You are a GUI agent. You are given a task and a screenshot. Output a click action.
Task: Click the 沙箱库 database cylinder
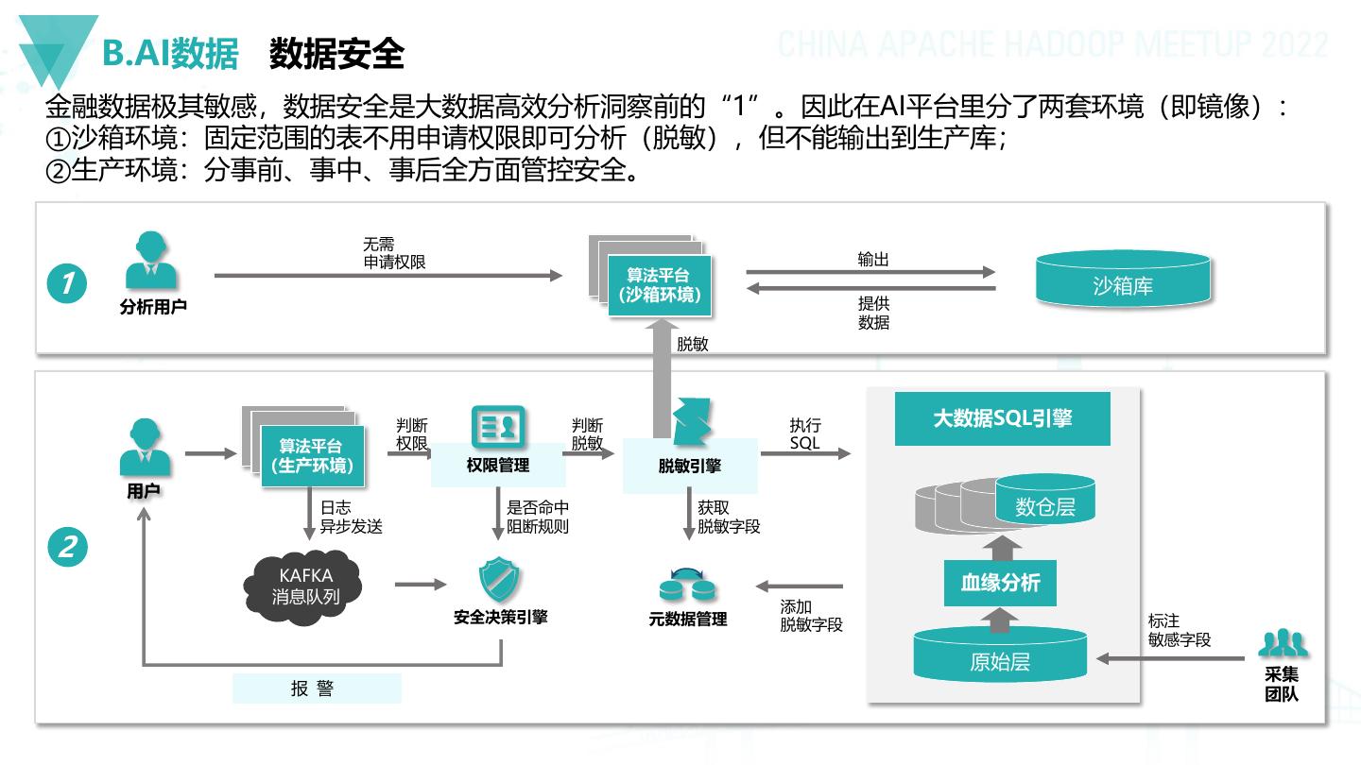click(1122, 284)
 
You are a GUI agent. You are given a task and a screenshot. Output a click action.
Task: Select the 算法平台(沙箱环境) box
click(659, 285)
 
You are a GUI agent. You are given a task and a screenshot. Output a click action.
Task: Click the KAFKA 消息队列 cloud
click(304, 586)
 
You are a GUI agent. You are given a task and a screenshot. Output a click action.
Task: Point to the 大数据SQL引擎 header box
click(1002, 418)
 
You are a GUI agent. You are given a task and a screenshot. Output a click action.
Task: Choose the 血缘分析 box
click(1000, 583)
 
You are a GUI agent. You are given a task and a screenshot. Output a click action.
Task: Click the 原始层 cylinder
click(999, 660)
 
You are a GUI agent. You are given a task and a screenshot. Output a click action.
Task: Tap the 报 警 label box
click(317, 689)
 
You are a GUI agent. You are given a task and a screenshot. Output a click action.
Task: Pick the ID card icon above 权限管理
click(497, 427)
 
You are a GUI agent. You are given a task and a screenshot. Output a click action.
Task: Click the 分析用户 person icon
click(151, 262)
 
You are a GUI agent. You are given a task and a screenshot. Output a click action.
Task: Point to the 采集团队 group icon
click(1283, 644)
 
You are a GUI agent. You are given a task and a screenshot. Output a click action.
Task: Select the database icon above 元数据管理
click(687, 586)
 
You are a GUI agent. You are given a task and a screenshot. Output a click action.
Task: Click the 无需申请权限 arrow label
click(394, 253)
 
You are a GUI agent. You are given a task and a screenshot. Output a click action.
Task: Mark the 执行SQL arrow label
click(805, 433)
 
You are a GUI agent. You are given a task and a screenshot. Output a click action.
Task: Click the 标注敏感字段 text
click(1179, 630)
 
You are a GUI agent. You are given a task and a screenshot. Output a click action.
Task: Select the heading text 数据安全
click(336, 55)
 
